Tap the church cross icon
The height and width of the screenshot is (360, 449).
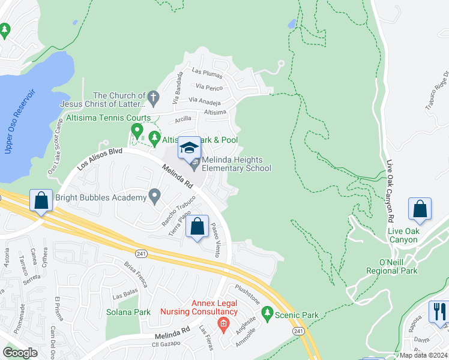153,95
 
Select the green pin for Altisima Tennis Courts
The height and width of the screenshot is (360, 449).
137,130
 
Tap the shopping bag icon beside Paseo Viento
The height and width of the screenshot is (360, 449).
197,227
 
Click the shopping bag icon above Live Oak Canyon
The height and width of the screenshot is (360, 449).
420,209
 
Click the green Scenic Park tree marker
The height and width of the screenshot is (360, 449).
267,313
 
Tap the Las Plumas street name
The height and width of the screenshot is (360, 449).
206,73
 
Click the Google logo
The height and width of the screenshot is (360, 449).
20,353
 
